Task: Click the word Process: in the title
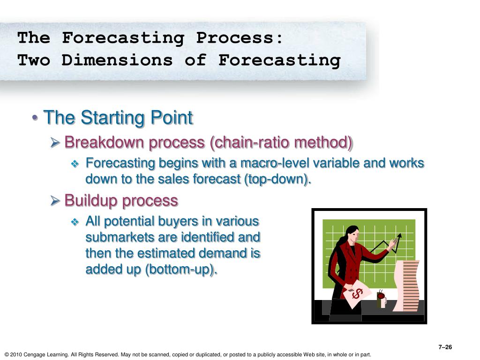(x=240, y=38)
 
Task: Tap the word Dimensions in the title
(x=117, y=60)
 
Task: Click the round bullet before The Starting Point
(x=36, y=118)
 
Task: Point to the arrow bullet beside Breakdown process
(x=55, y=142)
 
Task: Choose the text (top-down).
(x=277, y=179)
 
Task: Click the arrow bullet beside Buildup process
(x=55, y=201)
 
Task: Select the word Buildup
(x=91, y=201)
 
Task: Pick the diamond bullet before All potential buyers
(x=75, y=222)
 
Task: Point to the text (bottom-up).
(x=181, y=270)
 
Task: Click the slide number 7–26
(x=445, y=347)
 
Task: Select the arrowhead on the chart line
(x=398, y=237)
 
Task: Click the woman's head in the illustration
(x=353, y=234)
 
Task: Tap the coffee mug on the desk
(x=382, y=299)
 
